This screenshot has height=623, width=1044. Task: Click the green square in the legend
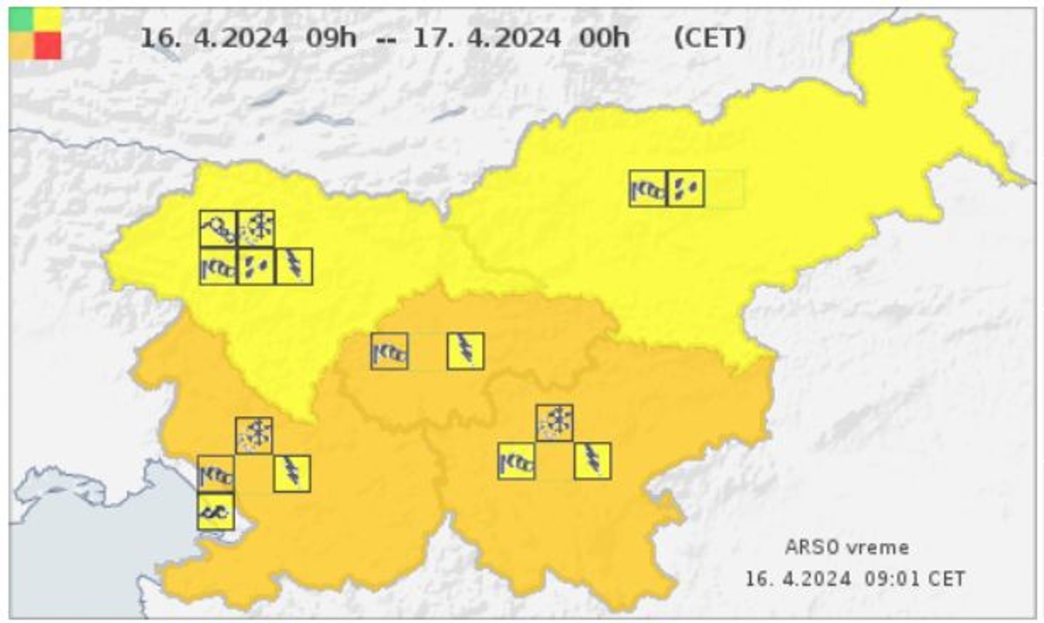click(22, 20)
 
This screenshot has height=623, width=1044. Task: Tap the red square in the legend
click(48, 45)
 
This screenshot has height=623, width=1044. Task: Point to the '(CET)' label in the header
click(709, 39)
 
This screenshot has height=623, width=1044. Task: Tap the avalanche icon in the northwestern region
click(217, 229)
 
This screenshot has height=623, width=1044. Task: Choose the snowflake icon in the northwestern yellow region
click(256, 229)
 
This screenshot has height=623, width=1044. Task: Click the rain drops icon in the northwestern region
click(256, 266)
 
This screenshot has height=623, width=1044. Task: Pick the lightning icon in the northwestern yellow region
click(294, 266)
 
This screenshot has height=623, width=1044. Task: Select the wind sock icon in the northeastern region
click(647, 188)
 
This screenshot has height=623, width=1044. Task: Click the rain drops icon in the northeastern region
click(686, 188)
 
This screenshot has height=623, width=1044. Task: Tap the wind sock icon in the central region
click(389, 351)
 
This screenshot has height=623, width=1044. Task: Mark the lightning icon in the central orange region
click(465, 351)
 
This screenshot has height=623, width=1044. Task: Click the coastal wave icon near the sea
click(216, 512)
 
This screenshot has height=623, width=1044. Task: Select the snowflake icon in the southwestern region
click(254, 435)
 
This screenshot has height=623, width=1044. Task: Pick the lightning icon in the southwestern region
click(292, 473)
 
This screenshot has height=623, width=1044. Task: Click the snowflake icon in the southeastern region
click(554, 423)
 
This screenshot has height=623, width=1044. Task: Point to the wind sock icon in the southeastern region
click(516, 461)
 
